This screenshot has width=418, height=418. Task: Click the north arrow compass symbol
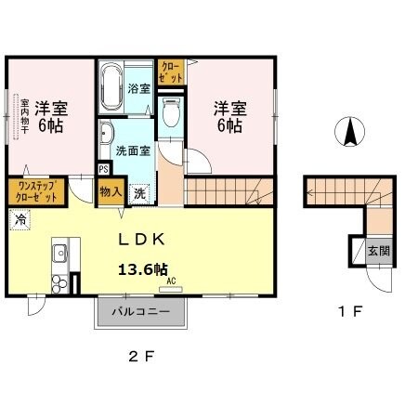click(x=352, y=132)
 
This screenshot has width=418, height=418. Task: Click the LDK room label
click(x=140, y=240)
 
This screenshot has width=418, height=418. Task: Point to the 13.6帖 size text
click(x=141, y=269)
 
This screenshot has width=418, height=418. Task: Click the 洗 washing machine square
click(x=138, y=194)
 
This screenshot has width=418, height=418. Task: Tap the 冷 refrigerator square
click(x=20, y=220)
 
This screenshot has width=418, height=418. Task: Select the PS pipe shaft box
click(x=103, y=170)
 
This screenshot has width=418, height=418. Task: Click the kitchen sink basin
click(x=59, y=251)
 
